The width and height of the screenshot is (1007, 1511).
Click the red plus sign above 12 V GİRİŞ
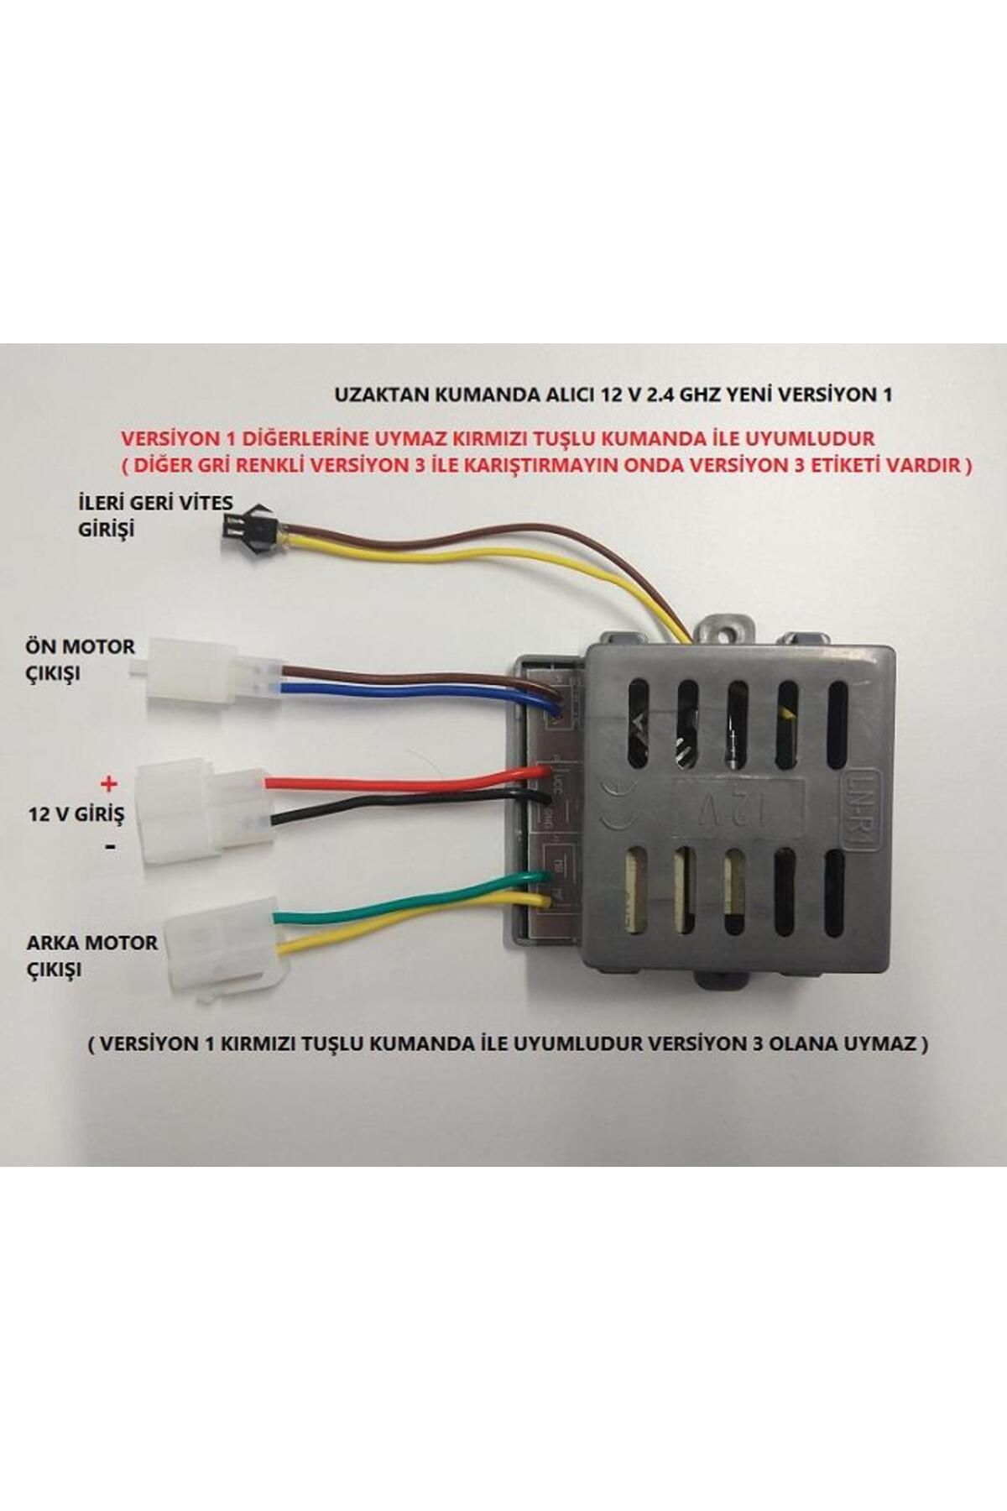point(107,784)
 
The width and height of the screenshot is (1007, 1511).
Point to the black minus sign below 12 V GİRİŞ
point(110,848)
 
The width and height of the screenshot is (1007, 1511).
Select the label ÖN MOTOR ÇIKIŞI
point(81,660)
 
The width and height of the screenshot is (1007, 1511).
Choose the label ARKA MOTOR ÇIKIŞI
point(91,955)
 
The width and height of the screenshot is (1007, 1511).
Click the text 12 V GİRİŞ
point(76,814)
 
